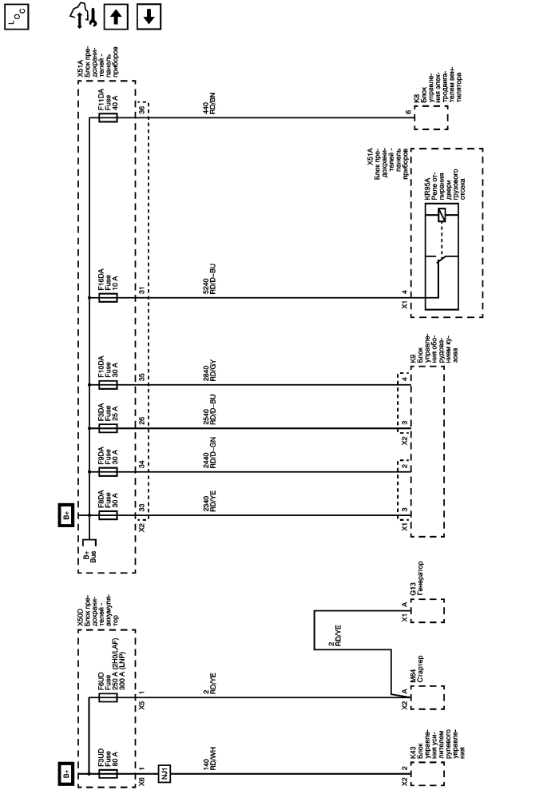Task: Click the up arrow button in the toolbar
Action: pos(121,16)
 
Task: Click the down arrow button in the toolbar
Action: pos(149,16)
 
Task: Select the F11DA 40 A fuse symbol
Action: pos(107,118)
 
